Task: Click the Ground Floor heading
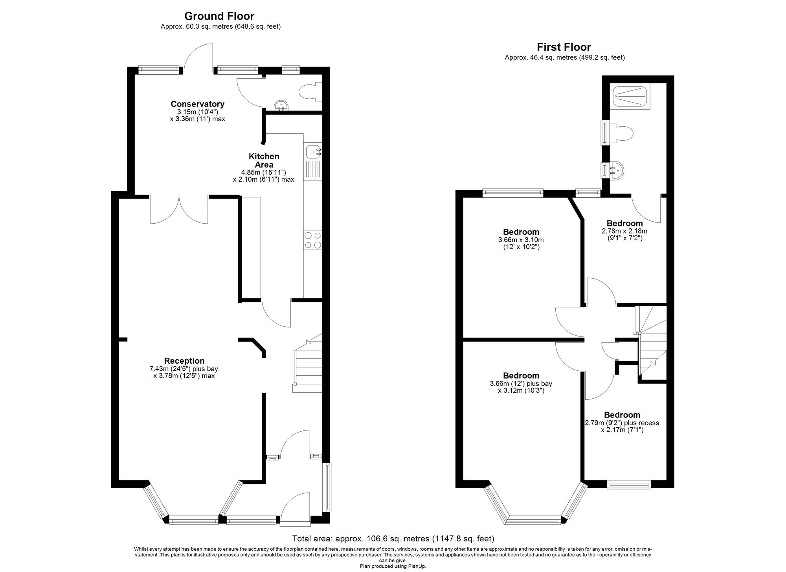(219, 16)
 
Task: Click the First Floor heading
(564, 47)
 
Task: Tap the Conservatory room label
(197, 104)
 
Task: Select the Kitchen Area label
(264, 160)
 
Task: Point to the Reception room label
(184, 361)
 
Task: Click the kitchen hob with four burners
(313, 240)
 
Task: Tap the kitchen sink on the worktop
(313, 151)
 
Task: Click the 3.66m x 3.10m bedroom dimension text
(521, 243)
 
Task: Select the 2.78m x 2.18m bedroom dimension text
(624, 234)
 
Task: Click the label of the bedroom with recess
(622, 415)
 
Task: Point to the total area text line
(393, 539)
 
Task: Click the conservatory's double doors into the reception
(179, 210)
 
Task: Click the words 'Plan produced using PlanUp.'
(393, 566)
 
